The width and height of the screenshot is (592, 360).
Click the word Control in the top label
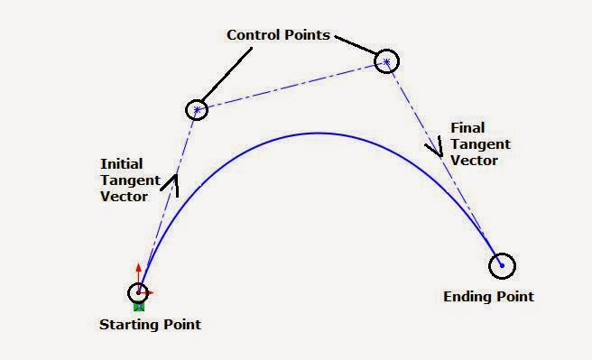[x=251, y=35]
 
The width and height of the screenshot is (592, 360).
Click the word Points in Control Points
[x=306, y=35]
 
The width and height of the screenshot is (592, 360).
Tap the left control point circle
[x=197, y=110]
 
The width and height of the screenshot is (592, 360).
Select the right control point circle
[x=386, y=61]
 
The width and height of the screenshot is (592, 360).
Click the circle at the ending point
[x=502, y=265]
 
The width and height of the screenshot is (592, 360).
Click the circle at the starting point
[x=138, y=292]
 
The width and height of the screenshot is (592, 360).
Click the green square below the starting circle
[x=139, y=306]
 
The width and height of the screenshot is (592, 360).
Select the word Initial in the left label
[x=120, y=163]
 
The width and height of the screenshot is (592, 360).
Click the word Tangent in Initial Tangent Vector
[x=128, y=180]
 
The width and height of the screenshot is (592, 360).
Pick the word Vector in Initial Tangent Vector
[x=124, y=196]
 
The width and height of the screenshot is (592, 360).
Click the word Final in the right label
[x=466, y=129]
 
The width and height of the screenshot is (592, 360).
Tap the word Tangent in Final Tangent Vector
[x=480, y=144]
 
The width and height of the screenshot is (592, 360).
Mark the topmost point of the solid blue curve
[x=318, y=134]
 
